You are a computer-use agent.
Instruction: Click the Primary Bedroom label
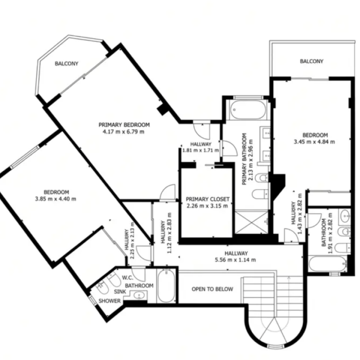click(x=124, y=125)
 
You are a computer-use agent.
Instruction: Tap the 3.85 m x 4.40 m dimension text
click(x=55, y=199)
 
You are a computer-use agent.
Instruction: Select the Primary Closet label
click(x=208, y=199)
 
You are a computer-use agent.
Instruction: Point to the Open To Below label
click(x=212, y=289)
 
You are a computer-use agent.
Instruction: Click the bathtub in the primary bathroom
click(x=248, y=110)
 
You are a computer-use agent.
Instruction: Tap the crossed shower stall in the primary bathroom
click(x=252, y=222)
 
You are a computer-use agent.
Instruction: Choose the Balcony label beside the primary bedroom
click(x=66, y=64)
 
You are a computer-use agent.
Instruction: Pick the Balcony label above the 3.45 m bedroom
click(x=312, y=61)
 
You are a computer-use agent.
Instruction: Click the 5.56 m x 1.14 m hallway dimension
click(x=235, y=260)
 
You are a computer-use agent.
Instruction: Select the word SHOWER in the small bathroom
click(x=109, y=301)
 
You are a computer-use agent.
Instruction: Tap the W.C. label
click(x=128, y=278)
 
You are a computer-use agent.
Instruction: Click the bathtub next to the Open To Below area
click(x=166, y=286)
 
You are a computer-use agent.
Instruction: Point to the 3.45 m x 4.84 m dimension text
click(x=314, y=142)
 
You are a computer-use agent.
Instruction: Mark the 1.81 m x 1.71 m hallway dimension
click(x=200, y=150)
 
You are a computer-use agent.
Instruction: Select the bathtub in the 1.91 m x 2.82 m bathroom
click(x=328, y=264)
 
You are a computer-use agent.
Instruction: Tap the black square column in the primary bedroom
click(x=163, y=109)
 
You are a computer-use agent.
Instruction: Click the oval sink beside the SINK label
click(x=138, y=295)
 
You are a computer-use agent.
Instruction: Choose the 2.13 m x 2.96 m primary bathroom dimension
click(x=247, y=159)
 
